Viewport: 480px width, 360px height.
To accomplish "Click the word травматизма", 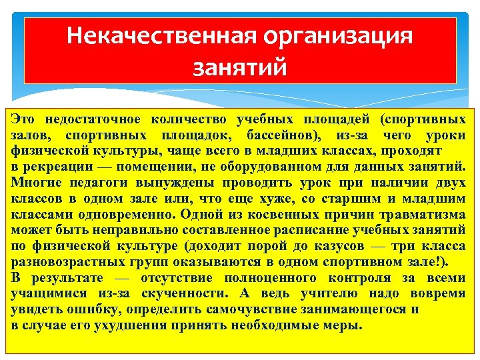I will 421,215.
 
